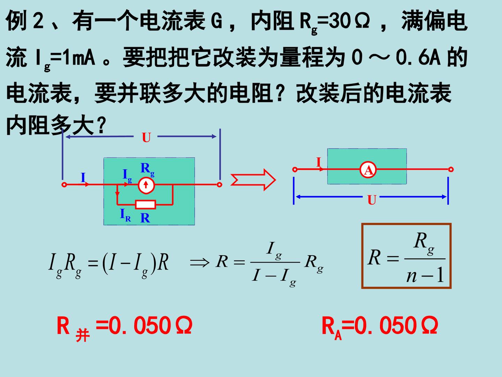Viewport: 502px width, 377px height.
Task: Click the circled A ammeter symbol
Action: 368,170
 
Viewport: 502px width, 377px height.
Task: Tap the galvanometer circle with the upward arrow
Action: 146,185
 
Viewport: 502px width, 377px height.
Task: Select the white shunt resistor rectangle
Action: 145,205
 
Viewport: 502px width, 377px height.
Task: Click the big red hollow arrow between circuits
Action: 253,180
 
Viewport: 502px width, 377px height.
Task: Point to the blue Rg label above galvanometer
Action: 147,170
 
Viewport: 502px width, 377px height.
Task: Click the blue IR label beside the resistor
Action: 125,215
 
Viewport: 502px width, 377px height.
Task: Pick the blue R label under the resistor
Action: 145,218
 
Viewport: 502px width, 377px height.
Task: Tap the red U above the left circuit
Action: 146,138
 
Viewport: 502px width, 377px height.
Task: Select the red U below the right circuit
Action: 372,200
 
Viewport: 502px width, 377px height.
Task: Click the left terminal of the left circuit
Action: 64,185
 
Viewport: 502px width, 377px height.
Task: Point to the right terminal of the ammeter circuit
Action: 451,169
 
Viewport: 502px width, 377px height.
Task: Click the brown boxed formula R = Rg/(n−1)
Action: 406,256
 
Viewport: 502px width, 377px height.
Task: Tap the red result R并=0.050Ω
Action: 124,327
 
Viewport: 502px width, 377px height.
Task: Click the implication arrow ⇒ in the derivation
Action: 199,262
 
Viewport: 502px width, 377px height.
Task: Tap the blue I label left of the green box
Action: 83,177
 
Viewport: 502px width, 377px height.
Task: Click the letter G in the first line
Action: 216,21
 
